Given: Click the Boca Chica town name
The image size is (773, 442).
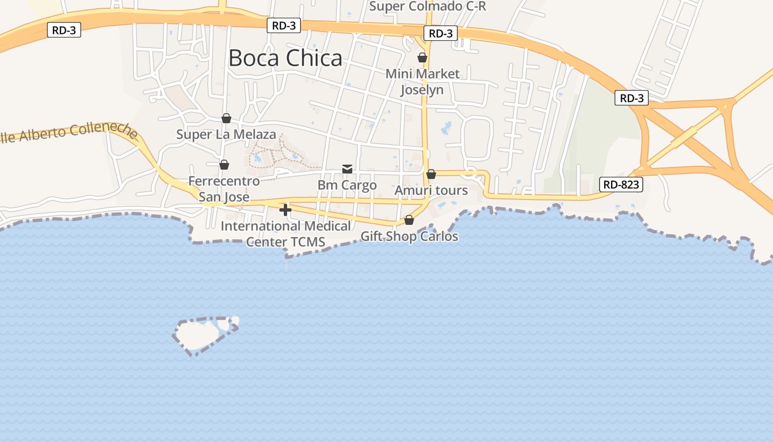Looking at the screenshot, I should coord(285,58).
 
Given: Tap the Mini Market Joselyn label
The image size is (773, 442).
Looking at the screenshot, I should coord(422,81).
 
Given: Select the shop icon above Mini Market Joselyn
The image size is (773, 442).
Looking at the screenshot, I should coord(422,57).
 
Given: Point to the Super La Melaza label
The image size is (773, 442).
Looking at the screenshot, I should coord(226,134).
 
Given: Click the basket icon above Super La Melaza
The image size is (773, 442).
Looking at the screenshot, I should coord(226,118).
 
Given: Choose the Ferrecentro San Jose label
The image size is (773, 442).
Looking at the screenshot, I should coord(224,188).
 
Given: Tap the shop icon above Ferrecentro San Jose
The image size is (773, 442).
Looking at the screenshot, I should coord(224,165).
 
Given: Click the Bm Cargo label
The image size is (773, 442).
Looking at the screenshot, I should coord(347,185).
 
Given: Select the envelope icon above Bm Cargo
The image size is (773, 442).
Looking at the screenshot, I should coord(347,169).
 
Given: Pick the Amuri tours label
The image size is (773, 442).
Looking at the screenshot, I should coord(431,191).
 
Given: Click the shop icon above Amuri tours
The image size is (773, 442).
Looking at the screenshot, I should coord(431,174).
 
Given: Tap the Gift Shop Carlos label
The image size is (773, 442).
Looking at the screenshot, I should coord(409,236).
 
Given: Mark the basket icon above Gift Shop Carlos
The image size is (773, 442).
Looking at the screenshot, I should coord(409,220).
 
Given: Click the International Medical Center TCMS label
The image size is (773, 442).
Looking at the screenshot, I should coord(285,234).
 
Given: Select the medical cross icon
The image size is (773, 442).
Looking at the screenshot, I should coord(285,210).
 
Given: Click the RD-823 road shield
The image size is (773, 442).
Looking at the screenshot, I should coord(621,185).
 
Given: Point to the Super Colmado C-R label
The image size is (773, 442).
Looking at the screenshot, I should coord(427,6).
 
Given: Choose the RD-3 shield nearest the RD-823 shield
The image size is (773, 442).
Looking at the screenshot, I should coord(632,98).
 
